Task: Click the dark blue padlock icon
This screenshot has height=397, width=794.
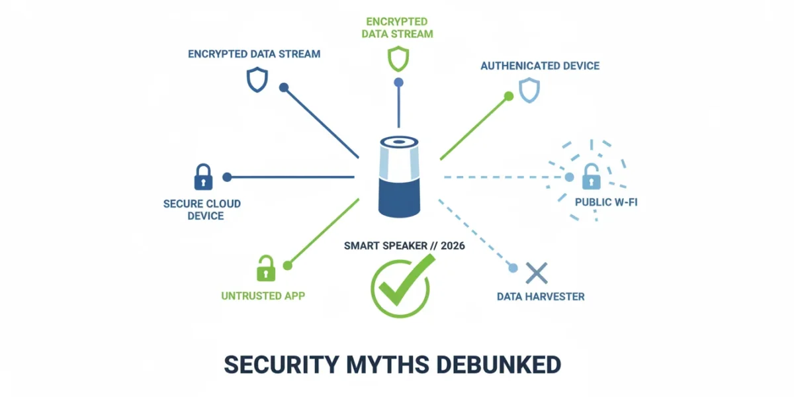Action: tap(204, 177)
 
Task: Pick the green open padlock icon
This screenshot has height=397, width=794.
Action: tap(266, 269)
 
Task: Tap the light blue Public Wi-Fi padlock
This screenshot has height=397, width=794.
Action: tap(592, 177)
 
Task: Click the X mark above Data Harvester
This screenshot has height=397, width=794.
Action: tap(537, 273)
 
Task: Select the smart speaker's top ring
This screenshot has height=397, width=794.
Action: tap(399, 142)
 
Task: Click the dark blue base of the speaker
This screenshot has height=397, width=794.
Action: tap(399, 198)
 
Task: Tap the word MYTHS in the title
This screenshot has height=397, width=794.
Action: tap(388, 365)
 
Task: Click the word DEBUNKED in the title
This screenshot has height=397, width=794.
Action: tap(499, 365)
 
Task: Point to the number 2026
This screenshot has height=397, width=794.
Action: tap(453, 246)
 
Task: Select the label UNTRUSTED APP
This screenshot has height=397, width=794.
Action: tap(263, 296)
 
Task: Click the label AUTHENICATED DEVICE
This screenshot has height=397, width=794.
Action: tap(540, 66)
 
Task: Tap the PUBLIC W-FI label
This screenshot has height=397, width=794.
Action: tap(606, 202)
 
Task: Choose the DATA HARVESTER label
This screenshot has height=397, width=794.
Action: tap(541, 296)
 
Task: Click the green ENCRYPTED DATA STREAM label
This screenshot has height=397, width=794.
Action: tap(398, 28)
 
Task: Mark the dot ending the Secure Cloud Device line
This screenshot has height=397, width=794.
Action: tap(227, 177)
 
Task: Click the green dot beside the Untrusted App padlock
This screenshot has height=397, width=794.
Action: tap(287, 265)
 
